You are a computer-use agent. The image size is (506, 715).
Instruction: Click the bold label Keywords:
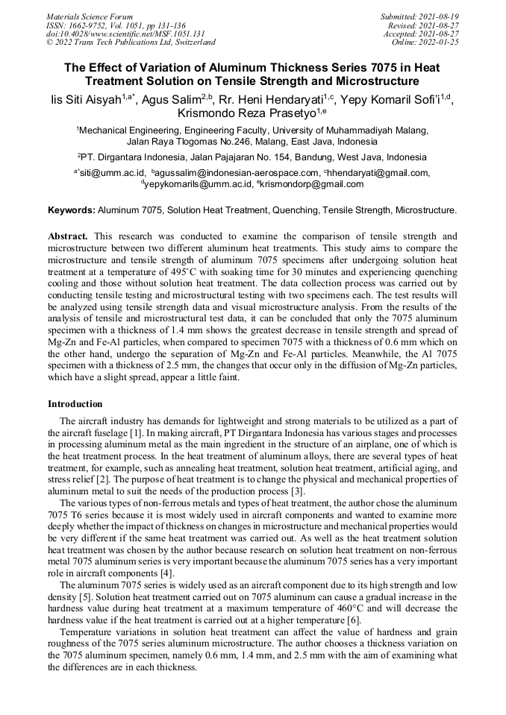point(71,211)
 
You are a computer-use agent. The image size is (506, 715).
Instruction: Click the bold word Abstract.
point(68,236)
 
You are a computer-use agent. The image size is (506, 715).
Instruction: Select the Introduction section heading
point(75,404)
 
